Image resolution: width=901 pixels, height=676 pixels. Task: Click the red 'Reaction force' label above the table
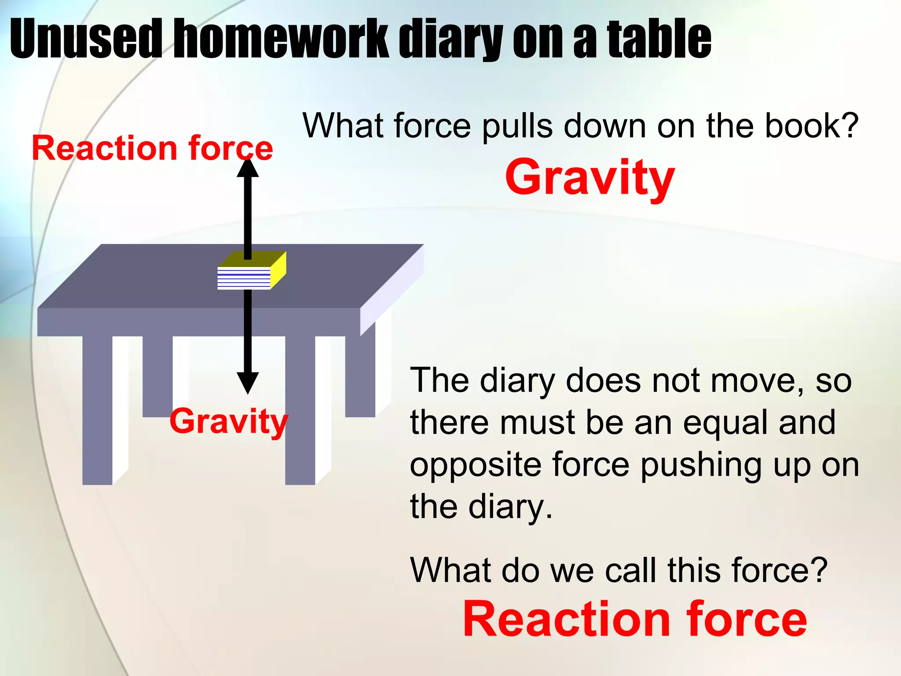tap(152, 148)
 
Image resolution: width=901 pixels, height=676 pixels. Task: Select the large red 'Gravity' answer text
tap(590, 177)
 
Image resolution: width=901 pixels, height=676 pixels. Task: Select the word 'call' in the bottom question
tap(631, 570)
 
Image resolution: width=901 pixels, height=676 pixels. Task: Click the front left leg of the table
tap(97, 409)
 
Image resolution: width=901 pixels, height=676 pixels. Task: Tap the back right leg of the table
tap(360, 374)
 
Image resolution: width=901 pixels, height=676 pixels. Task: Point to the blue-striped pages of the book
tap(244, 278)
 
